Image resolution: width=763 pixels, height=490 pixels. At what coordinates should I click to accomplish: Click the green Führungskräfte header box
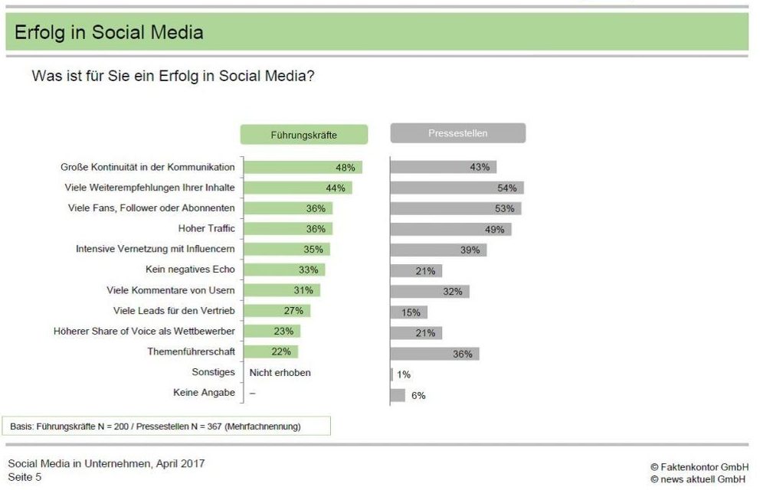point(303,135)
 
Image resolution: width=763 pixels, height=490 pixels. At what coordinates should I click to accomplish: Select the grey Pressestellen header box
point(458,133)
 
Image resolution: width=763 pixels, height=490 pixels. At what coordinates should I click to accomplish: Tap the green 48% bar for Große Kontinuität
point(303,167)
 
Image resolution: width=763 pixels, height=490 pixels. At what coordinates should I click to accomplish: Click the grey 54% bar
point(457,188)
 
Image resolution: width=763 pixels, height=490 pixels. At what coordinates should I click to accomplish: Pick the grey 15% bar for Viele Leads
point(409,312)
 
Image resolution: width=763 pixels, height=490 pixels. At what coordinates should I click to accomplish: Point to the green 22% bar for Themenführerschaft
point(271,351)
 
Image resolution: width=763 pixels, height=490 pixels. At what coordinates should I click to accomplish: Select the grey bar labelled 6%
point(398,395)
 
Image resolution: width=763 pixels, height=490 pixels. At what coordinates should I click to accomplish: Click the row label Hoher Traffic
point(206,228)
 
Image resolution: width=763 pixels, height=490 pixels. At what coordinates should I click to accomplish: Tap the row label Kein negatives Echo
point(190,269)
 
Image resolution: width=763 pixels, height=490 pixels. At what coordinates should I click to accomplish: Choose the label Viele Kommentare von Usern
point(171,290)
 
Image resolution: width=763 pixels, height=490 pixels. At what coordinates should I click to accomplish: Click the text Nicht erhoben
point(280,373)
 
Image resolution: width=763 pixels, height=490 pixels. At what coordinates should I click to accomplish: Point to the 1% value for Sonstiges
point(404,374)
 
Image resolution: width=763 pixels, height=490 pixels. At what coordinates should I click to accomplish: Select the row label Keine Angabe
point(204,392)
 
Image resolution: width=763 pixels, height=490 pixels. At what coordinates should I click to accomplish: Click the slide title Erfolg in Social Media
point(109,32)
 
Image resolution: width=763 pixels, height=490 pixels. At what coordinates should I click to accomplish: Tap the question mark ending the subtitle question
point(310,76)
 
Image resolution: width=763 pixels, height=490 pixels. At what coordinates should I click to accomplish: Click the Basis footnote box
point(166,426)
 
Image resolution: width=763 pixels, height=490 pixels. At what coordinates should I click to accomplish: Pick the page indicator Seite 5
point(25,477)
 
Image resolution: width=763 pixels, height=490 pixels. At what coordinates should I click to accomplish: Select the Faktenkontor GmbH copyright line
point(699,467)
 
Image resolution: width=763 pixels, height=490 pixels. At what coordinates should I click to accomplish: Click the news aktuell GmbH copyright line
point(698,479)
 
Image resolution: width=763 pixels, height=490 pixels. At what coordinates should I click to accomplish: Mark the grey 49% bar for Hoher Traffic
point(450,229)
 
